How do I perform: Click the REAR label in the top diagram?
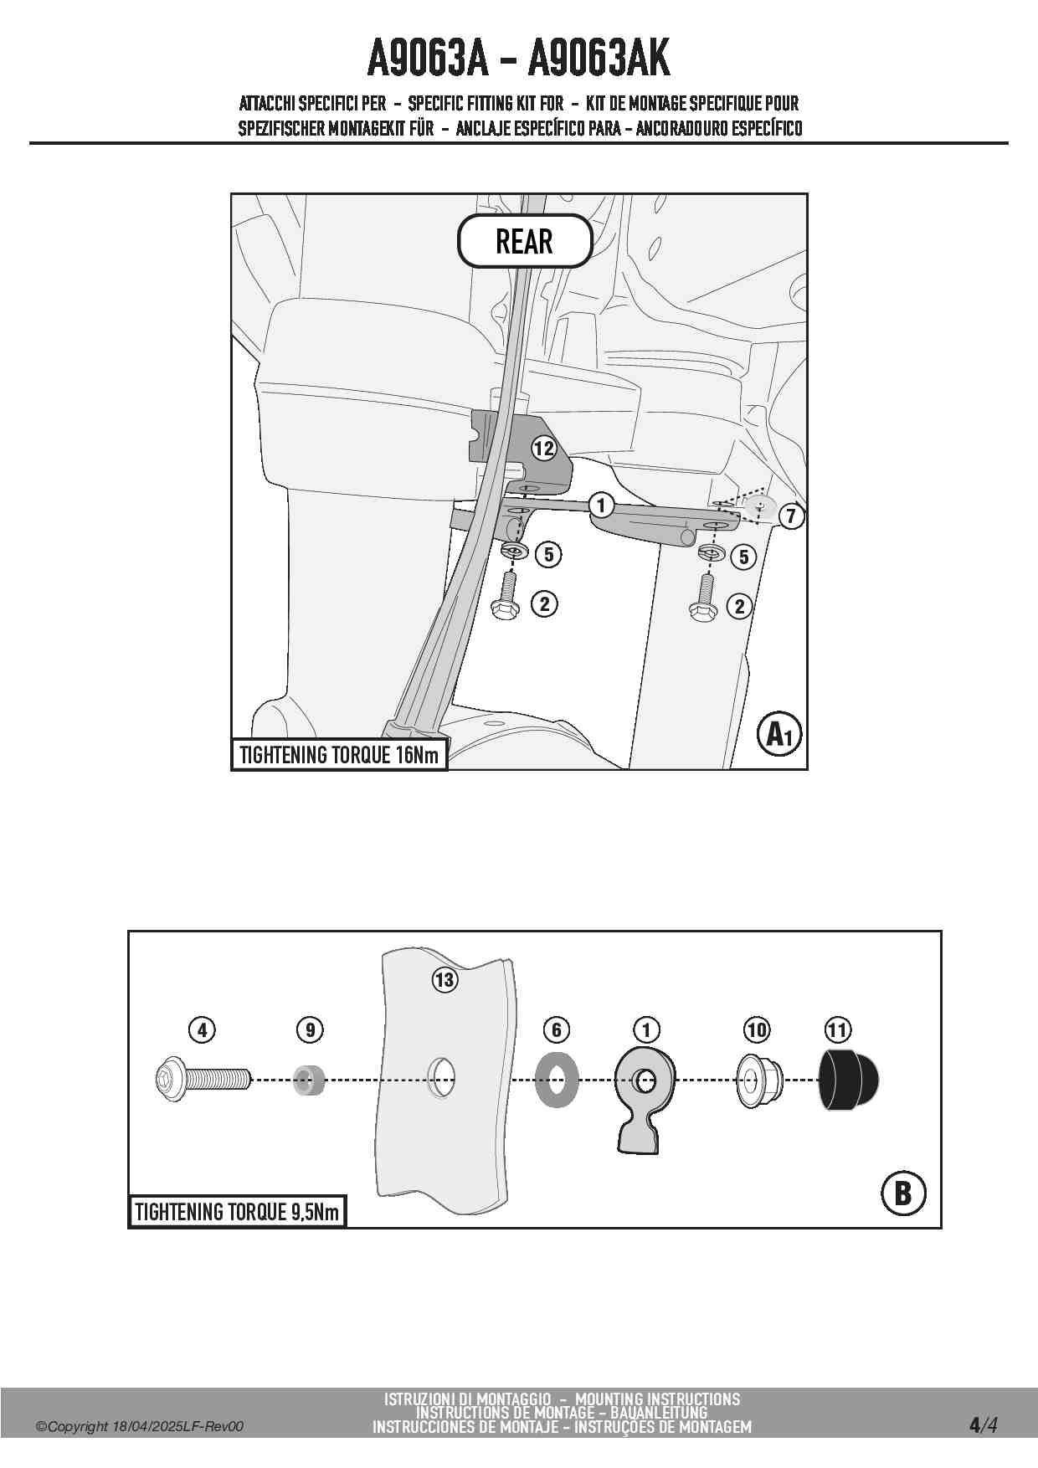coord(525,241)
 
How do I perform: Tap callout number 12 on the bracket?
coord(544,448)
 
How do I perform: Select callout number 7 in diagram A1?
coord(791,516)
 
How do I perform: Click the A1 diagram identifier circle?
coord(779,734)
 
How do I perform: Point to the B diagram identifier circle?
coord(903,1193)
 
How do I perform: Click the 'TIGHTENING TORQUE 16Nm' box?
coord(339,755)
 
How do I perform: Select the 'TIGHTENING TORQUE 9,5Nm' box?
coord(237,1211)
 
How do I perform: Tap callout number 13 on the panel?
coord(444,979)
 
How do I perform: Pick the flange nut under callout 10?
coord(759,1080)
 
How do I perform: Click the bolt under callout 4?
coord(203,1080)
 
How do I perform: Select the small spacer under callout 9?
coord(309,1080)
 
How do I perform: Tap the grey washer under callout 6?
coord(557,1080)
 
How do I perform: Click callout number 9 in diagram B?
coord(310,1029)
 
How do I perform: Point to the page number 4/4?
coord(983,1425)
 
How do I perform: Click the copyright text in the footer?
coord(139,1426)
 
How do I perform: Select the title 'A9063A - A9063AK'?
coord(519,58)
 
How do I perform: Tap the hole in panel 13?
coord(441,1078)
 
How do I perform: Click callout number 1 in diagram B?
coord(646,1029)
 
